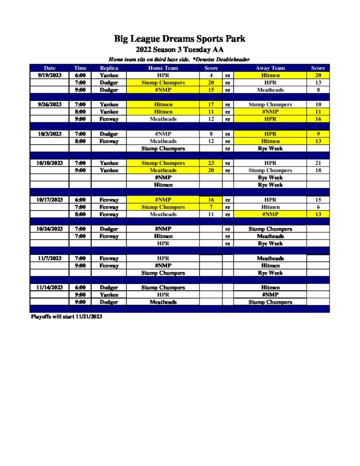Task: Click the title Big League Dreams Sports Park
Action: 180,39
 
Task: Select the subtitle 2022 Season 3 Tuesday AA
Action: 180,50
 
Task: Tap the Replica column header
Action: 109,68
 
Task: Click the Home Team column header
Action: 163,68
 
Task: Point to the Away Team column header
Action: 270,68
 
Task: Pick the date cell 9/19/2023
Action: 50,75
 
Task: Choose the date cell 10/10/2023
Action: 50,163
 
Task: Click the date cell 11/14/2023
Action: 50,288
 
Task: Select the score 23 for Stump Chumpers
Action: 211,163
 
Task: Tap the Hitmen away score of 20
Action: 318,75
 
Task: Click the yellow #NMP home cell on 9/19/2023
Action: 163,90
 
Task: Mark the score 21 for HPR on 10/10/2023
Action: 318,163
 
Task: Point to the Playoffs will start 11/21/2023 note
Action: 66,317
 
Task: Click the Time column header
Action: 80,68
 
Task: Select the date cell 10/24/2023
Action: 50,229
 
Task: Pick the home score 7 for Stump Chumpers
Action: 211,207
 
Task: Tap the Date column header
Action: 50,68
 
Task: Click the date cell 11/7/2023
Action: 50,258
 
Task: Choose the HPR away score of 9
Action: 318,134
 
